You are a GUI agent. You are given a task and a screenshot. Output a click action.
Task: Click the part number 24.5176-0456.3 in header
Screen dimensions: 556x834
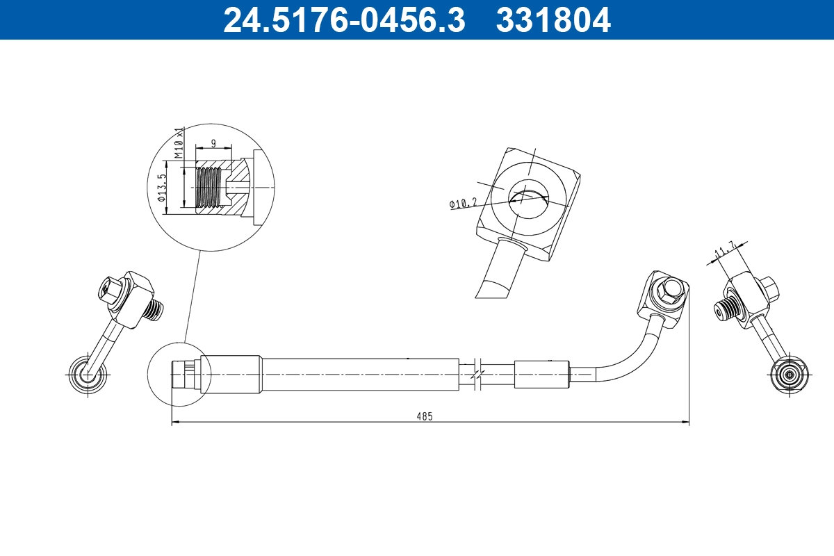343,19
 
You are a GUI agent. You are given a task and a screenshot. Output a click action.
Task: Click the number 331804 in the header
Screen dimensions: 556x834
553,19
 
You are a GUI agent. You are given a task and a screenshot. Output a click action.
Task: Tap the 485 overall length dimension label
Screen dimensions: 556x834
425,416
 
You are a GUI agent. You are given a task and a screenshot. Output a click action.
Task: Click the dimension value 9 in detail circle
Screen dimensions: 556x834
213,143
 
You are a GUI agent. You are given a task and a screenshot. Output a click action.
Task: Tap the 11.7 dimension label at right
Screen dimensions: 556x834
726,252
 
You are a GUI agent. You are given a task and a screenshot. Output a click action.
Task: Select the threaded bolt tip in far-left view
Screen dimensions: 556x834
155,309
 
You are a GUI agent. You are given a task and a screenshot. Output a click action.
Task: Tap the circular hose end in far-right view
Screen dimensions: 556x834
790,375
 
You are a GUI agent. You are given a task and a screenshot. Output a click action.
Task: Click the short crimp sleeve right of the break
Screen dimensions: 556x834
542,375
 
